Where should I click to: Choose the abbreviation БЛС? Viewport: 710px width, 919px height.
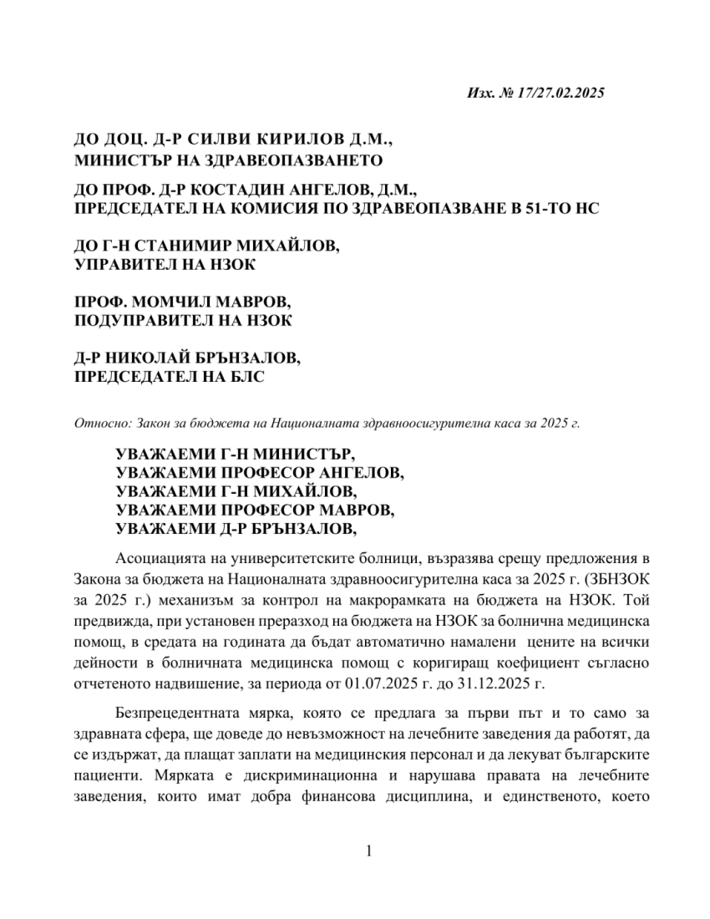click(244, 376)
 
